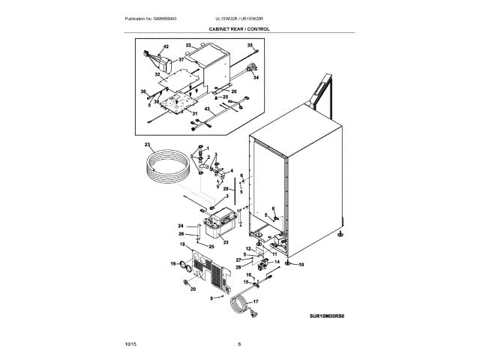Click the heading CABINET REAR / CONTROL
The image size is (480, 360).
(239, 29)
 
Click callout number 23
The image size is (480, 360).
(148, 144)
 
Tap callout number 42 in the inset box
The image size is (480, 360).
(166, 47)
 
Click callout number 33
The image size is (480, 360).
(188, 46)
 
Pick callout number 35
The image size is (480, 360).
(250, 46)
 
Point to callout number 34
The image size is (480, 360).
(255, 77)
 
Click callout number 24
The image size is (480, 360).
(180, 226)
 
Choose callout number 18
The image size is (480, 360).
(181, 245)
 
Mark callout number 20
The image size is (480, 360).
(192, 289)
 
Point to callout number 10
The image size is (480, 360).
(302, 265)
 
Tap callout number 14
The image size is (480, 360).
(277, 262)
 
